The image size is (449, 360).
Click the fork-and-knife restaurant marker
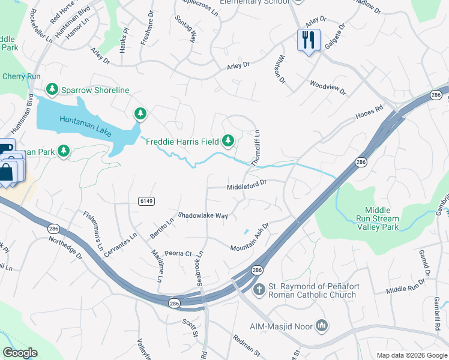click(x=308, y=41)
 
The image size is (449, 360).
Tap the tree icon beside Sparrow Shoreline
click(x=52, y=90)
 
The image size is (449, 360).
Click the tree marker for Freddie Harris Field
click(x=228, y=141)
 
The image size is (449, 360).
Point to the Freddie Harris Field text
click(x=182, y=142)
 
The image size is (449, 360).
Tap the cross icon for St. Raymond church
click(x=259, y=290)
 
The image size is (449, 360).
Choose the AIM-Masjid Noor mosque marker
click(x=322, y=326)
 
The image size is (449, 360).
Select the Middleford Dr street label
click(x=246, y=187)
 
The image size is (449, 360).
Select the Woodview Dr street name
click(x=328, y=88)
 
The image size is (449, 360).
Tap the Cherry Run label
click(x=21, y=76)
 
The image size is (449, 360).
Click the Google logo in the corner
click(x=20, y=352)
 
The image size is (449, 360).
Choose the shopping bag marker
click(x=6, y=172)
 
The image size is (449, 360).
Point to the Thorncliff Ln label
click(x=256, y=148)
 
